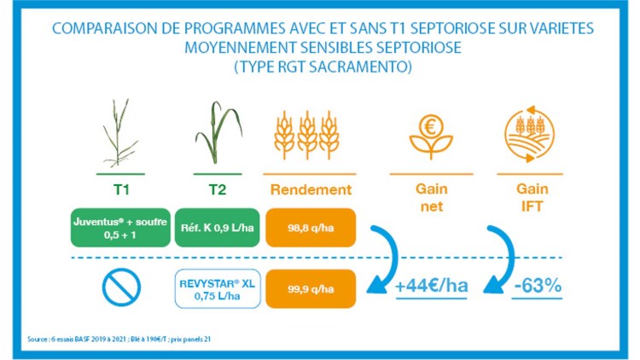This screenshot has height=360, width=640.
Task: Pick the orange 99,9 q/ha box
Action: pos(311,288)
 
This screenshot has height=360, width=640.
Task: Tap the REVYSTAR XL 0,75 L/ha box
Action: pos(216,288)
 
